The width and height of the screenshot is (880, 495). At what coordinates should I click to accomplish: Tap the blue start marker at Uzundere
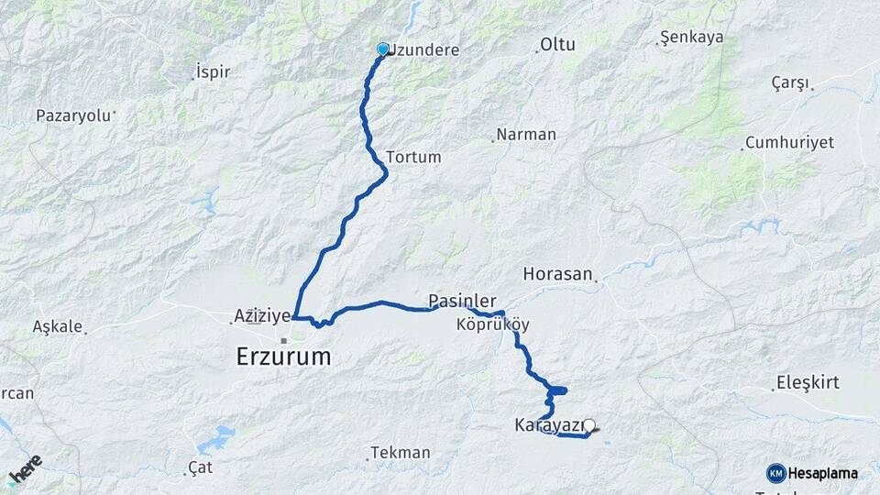[x=383, y=49]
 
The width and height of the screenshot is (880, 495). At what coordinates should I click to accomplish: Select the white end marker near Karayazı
[x=589, y=425]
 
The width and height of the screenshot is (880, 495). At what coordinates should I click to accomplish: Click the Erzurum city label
[x=283, y=356]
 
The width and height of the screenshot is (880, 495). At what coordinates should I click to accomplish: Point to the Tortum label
[x=413, y=157]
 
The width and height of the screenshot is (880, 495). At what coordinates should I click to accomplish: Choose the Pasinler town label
[x=462, y=301]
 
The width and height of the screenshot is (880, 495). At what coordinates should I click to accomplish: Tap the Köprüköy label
[x=492, y=324]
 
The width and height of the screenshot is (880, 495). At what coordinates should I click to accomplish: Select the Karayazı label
[x=548, y=425]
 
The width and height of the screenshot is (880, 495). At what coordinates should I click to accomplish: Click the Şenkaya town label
[x=692, y=38]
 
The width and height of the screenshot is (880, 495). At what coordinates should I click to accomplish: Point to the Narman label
[x=526, y=135]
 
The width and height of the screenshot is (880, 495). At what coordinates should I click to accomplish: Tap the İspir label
[x=213, y=71]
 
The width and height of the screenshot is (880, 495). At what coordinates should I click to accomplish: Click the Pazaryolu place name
[x=72, y=115]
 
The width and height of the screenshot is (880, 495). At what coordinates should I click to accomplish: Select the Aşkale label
[x=57, y=325]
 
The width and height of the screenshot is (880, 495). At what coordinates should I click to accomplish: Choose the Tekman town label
[x=401, y=453]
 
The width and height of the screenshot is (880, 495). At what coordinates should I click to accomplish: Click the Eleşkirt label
[x=807, y=382]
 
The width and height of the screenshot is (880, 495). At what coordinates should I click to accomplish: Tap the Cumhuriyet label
[x=789, y=142]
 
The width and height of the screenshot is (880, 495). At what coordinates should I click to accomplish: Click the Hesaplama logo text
[x=822, y=473]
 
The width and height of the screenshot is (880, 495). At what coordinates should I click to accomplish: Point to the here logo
[x=25, y=469]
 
